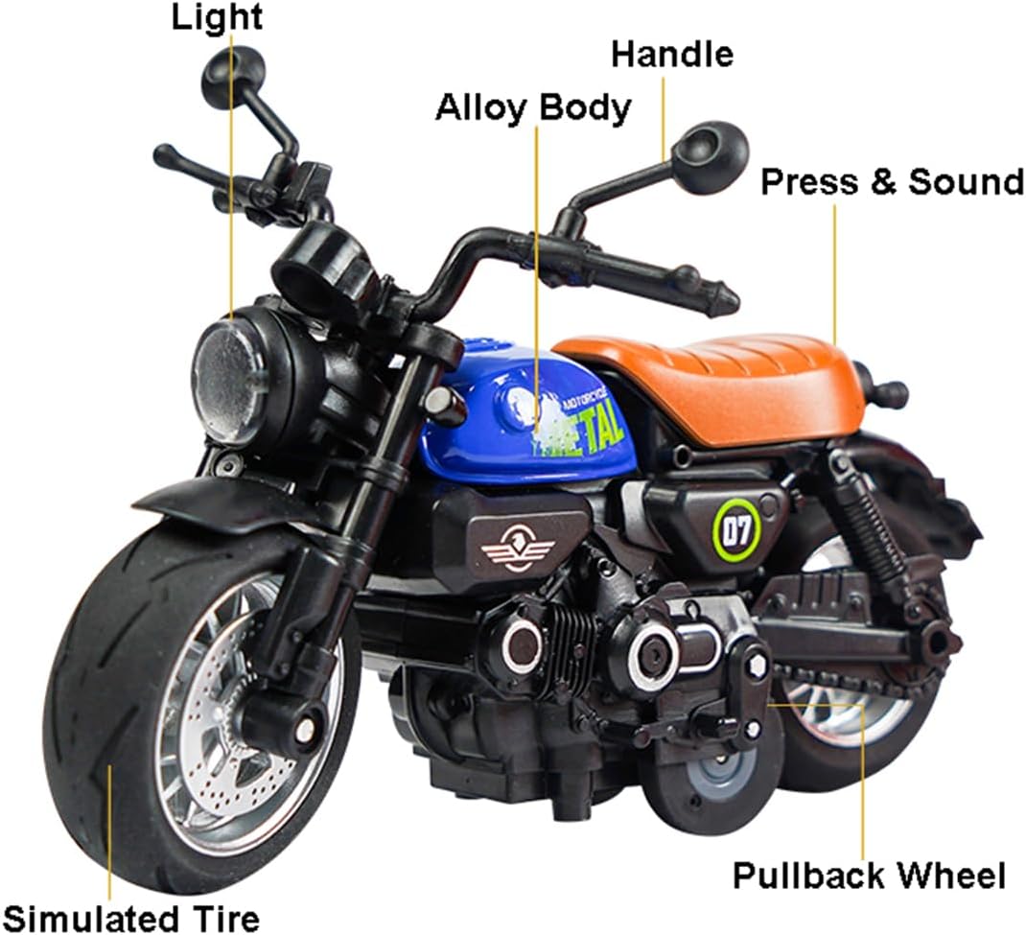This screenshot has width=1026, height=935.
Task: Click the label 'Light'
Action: [217, 17]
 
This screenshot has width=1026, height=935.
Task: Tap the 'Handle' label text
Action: [672, 55]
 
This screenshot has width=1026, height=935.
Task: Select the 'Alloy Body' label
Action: [533, 108]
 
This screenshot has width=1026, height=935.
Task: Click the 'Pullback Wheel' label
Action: [869, 876]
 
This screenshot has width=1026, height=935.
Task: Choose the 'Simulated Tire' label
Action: [132, 919]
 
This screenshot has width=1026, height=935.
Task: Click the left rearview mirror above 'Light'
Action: [234, 73]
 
